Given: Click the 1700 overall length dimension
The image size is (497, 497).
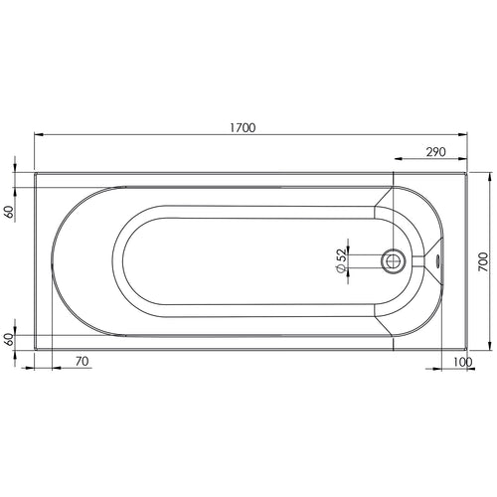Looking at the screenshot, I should click(243, 127).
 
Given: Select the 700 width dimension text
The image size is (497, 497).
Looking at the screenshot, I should click(482, 260).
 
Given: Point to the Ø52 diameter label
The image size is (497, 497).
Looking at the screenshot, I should click(341, 261).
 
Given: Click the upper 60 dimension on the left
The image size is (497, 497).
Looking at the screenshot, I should click(10, 212).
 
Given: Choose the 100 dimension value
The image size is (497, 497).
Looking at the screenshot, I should click(462, 361).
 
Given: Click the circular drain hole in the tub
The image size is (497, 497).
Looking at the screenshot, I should click(394, 261).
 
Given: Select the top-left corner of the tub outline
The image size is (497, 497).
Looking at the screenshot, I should click(35, 172).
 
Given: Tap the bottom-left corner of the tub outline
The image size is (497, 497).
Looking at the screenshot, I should click(35, 350).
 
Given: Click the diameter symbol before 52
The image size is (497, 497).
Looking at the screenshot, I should click(341, 269).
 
